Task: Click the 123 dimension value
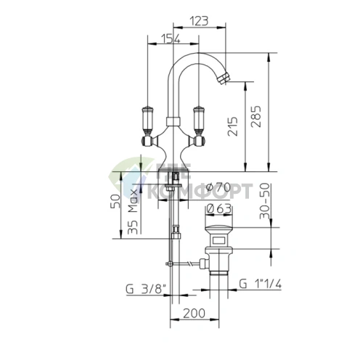(198, 21)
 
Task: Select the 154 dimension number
(171, 38)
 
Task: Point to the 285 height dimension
(256, 116)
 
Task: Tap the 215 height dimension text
(232, 126)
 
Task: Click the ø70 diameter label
(218, 187)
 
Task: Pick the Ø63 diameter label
(219, 209)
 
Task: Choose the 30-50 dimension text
(264, 201)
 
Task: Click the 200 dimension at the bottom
(194, 314)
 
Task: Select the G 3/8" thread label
(146, 289)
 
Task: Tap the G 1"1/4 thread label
(261, 284)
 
